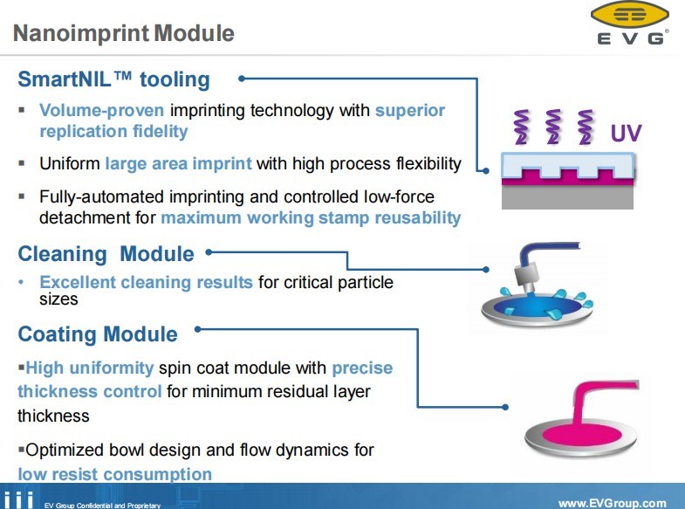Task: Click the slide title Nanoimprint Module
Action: [x=125, y=34]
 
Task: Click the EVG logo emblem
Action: [x=629, y=15]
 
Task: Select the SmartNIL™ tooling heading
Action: [x=114, y=79]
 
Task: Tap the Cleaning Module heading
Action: [x=106, y=254]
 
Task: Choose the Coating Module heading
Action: [x=98, y=334]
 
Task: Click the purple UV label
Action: [x=626, y=134]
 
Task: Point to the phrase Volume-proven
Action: [x=102, y=111]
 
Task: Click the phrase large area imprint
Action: [x=178, y=163]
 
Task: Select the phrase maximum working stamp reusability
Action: [x=311, y=217]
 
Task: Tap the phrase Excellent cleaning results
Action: [x=146, y=282]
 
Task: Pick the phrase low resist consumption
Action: [x=115, y=475]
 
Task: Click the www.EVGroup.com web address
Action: [x=612, y=503]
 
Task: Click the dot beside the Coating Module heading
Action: [x=198, y=329]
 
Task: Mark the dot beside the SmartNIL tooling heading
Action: [x=242, y=79]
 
